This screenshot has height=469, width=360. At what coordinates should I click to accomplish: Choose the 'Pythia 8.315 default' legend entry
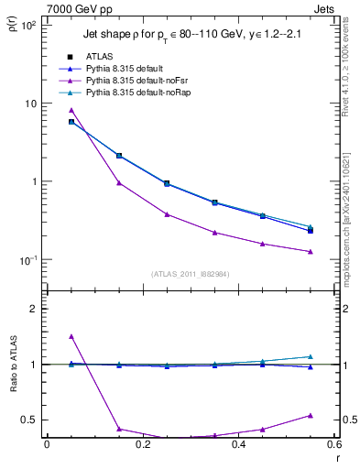point(116,69)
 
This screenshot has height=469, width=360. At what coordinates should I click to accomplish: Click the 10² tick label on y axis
point(27,25)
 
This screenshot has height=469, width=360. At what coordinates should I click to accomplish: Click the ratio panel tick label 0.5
point(29,420)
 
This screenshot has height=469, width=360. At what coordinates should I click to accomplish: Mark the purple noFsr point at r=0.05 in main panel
point(71,110)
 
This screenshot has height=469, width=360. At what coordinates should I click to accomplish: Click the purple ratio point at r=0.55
point(311,415)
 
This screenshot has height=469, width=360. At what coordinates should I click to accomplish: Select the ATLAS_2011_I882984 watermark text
point(190,274)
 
